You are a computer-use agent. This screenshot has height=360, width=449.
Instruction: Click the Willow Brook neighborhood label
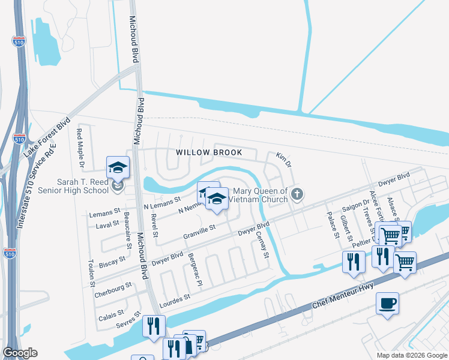click(209, 152)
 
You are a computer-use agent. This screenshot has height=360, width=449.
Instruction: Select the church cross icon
click(299, 194)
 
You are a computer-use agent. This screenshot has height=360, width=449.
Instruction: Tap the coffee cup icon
click(387, 302)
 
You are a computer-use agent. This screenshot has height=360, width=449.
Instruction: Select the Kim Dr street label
click(283, 160)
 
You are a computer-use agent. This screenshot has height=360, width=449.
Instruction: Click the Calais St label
click(111, 313)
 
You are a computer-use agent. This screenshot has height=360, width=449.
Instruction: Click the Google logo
click(20, 353)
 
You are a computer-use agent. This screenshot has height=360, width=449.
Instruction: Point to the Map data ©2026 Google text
click(412, 355)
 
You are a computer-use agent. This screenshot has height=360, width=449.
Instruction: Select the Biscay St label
click(112, 262)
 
